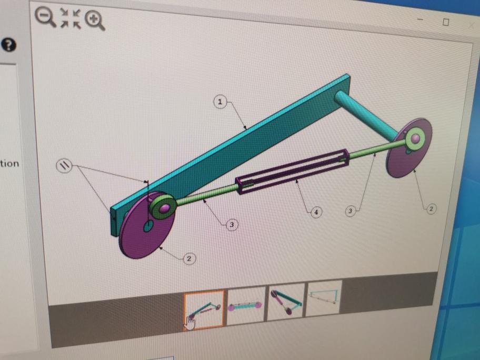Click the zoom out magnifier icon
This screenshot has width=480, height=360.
point(45,16)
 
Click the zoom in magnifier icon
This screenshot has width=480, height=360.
point(95,20)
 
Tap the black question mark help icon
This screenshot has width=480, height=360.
point(9,45)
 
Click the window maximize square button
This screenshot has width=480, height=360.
point(446,22)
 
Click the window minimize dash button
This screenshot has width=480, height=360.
point(421,20)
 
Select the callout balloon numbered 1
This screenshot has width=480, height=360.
point(220,101)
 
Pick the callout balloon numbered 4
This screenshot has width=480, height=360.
point(316,212)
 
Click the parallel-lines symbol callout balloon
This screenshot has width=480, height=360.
point(64,166)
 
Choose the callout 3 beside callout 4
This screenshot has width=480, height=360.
point(350,211)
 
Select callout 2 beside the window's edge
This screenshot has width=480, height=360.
point(431,209)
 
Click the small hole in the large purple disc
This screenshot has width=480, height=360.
point(148,226)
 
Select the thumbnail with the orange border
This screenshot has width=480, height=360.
point(204,309)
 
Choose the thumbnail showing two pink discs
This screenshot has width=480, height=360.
point(246,305)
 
